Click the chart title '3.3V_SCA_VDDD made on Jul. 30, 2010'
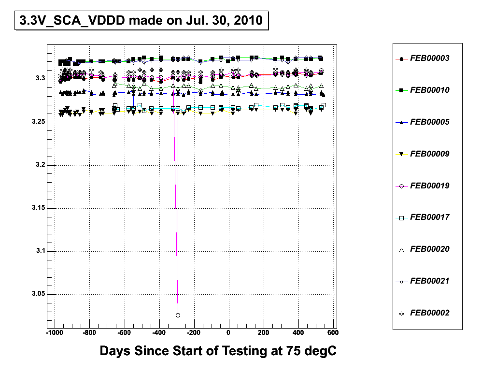pos(141,21)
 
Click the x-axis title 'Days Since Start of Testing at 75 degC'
pos(218,351)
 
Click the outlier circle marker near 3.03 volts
pos(178,315)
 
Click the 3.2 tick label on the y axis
pos(39,165)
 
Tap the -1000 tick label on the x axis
pos(55,333)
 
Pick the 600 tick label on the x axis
pos(333,333)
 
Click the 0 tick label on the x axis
pos(229,333)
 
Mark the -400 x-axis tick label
pos(159,333)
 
